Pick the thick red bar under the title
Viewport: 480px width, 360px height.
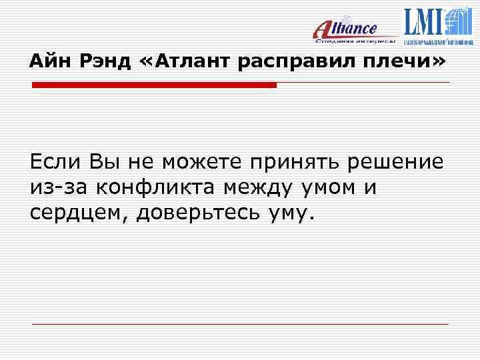(154, 85)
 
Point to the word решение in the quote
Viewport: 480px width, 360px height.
(399, 161)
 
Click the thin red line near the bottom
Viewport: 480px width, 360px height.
(240, 324)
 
